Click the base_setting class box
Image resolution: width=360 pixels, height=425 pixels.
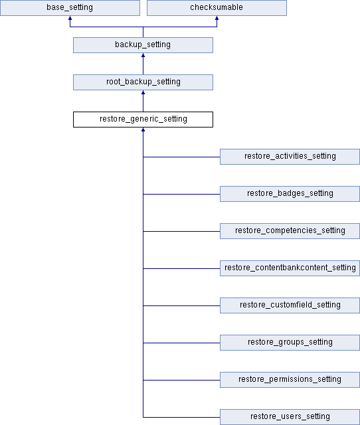pyautogui.click(x=70, y=8)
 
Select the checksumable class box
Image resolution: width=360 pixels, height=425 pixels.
pyautogui.click(x=217, y=8)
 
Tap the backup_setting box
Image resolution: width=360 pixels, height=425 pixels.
pyautogui.click(x=143, y=45)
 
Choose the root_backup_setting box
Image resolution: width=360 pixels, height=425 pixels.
pyautogui.click(x=143, y=82)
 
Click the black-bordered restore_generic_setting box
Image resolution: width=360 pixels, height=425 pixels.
pyautogui.click(x=143, y=120)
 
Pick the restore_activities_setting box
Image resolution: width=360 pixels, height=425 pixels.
pyautogui.click(x=290, y=157)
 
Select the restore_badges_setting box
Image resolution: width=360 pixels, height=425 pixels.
pyautogui.click(x=290, y=194)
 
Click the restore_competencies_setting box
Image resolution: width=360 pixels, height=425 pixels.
pyautogui.click(x=290, y=231)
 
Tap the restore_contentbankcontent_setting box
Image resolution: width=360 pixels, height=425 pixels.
pyautogui.click(x=290, y=268)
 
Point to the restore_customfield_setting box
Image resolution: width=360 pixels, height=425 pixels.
pyautogui.click(x=290, y=305)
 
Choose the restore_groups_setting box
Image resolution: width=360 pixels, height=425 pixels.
pyautogui.click(x=290, y=343)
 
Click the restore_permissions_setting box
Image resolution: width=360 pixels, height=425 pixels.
pyautogui.click(x=290, y=380)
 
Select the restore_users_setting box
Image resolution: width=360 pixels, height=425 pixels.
pyautogui.click(x=290, y=417)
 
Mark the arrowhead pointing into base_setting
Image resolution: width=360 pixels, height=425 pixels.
pyautogui.click(x=70, y=18)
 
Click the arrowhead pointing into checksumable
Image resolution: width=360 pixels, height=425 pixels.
pyautogui.click(x=217, y=18)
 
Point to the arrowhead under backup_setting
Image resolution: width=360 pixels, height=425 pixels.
pyautogui.click(x=143, y=55)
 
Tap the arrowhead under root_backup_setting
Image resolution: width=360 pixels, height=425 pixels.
pyautogui.click(x=143, y=92)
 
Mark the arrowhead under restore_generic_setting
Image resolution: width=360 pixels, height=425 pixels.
pyautogui.click(x=143, y=129)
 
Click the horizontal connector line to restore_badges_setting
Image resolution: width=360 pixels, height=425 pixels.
pyautogui.click(x=181, y=194)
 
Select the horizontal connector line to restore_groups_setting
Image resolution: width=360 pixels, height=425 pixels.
pyautogui.click(x=181, y=343)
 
